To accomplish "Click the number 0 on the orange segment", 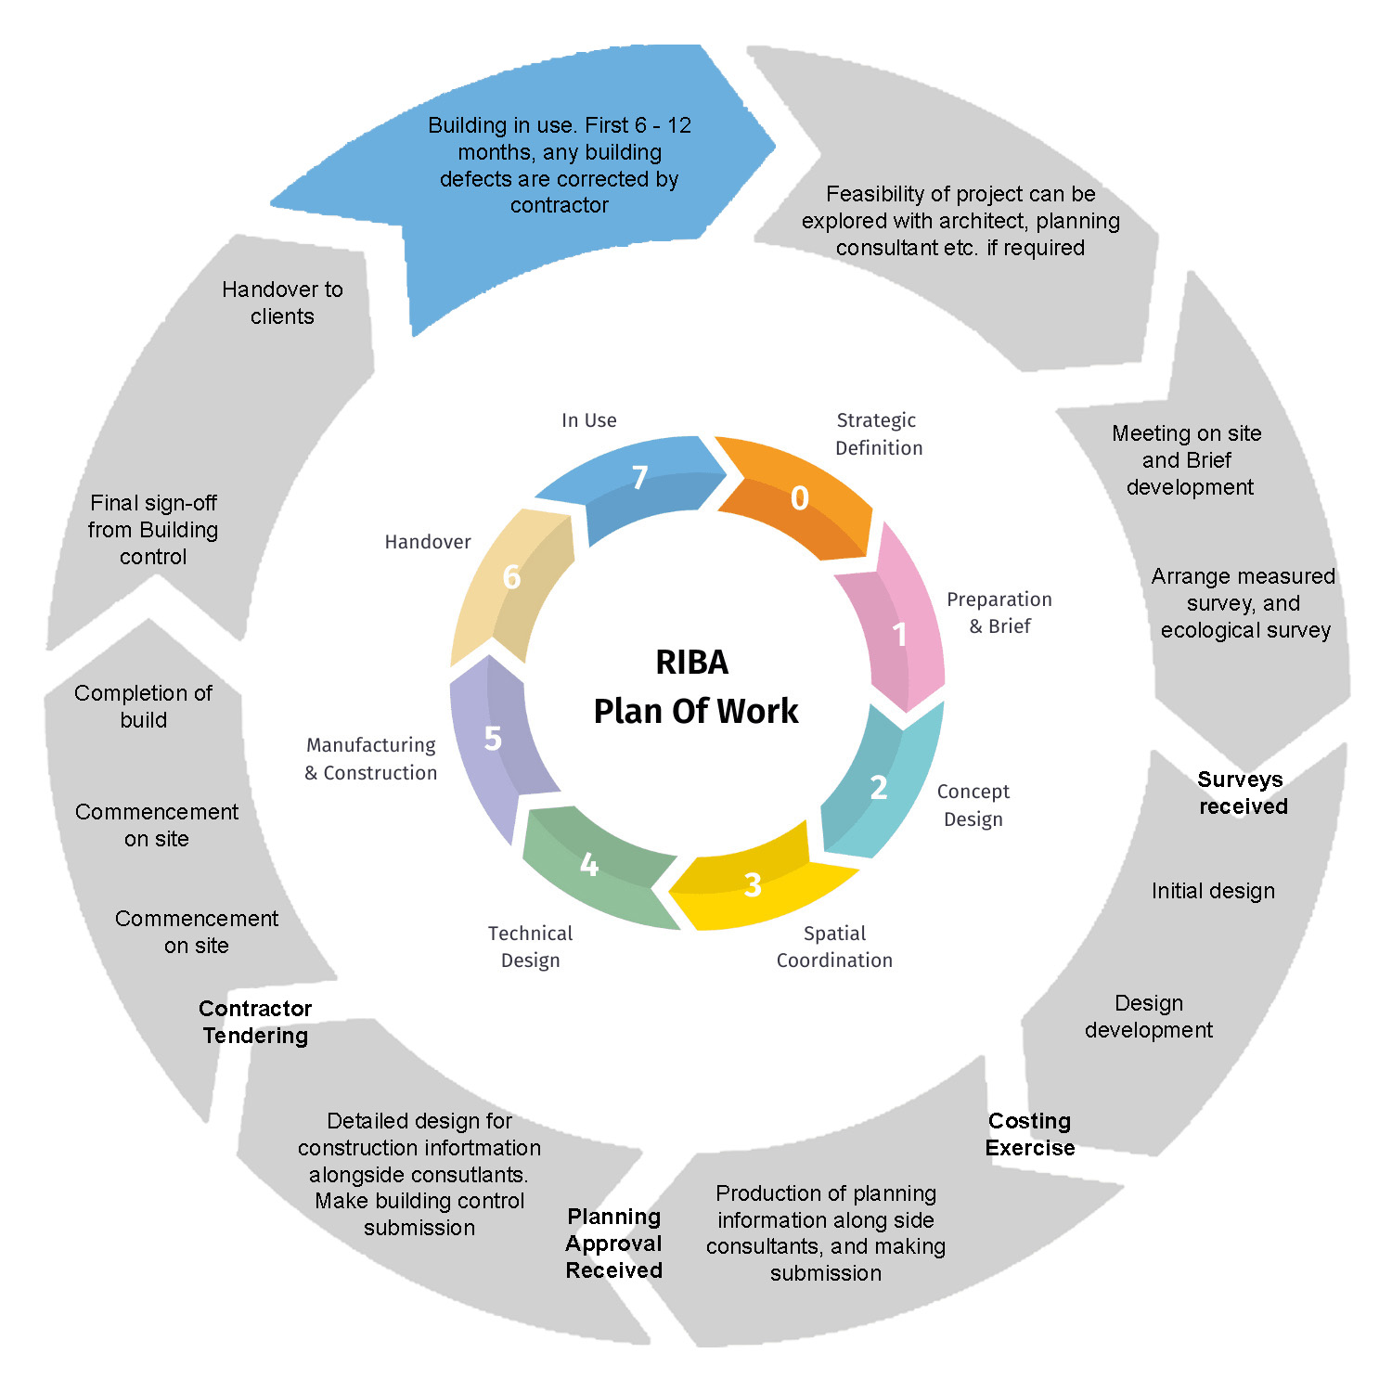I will tap(799, 498).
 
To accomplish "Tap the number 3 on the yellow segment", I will tap(753, 884).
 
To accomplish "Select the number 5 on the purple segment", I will tap(493, 739).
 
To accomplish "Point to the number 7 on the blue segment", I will tap(639, 478).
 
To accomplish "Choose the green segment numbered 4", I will tap(594, 868).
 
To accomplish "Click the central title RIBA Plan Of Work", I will tap(694, 687).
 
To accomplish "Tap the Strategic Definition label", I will tap(878, 434).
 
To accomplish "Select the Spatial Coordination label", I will tap(834, 947).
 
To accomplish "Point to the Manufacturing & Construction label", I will tap(371, 758).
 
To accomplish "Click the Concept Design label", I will tap(973, 805).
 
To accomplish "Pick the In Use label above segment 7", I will tap(588, 420).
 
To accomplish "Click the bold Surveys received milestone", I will tap(1242, 793).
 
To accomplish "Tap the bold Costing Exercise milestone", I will tap(1029, 1134).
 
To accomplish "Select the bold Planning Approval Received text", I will tap(613, 1243).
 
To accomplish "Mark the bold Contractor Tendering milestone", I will tap(255, 1022).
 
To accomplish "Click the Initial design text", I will tap(1213, 891).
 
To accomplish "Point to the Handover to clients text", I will tap(282, 303).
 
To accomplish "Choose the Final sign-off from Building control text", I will tap(153, 529).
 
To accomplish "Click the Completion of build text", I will tap(143, 706).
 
